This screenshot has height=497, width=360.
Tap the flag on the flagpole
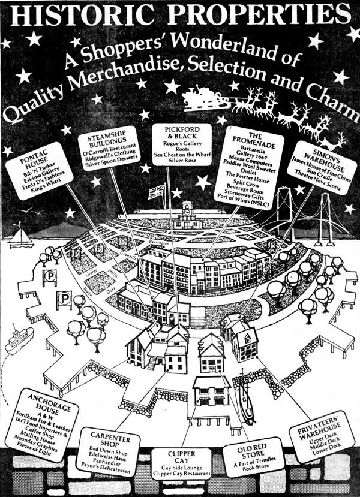[x=156, y=192]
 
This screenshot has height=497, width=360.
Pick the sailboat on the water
[x=21, y=236]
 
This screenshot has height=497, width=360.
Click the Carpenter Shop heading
[x=106, y=435]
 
